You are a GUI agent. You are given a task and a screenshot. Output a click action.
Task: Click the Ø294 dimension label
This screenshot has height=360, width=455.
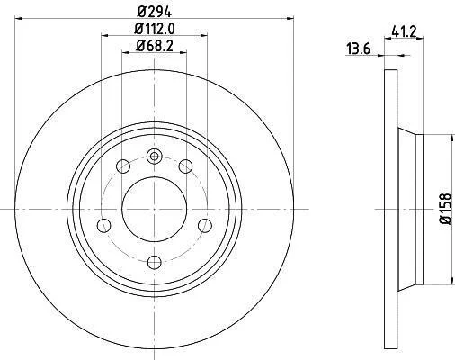[x=155, y=12]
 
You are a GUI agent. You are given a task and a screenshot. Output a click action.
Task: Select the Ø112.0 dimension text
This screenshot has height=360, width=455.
[x=155, y=29]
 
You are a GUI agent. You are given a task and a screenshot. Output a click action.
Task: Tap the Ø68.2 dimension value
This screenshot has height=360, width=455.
[x=155, y=46]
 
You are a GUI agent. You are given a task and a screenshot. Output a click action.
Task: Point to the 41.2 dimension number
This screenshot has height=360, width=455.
[x=404, y=31]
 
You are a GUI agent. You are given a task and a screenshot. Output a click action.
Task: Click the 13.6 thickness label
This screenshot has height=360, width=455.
[x=359, y=49]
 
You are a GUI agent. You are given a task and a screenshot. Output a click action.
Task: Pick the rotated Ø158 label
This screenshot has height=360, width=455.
[x=445, y=209]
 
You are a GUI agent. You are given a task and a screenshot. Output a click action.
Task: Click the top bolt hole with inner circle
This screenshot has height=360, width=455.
[x=155, y=157]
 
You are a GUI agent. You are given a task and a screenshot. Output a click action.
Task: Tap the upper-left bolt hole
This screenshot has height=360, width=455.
[x=123, y=166]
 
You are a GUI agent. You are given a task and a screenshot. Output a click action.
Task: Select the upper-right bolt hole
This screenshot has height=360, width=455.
[x=185, y=166]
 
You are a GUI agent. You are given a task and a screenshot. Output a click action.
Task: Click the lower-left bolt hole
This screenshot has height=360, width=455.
[x=104, y=225]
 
